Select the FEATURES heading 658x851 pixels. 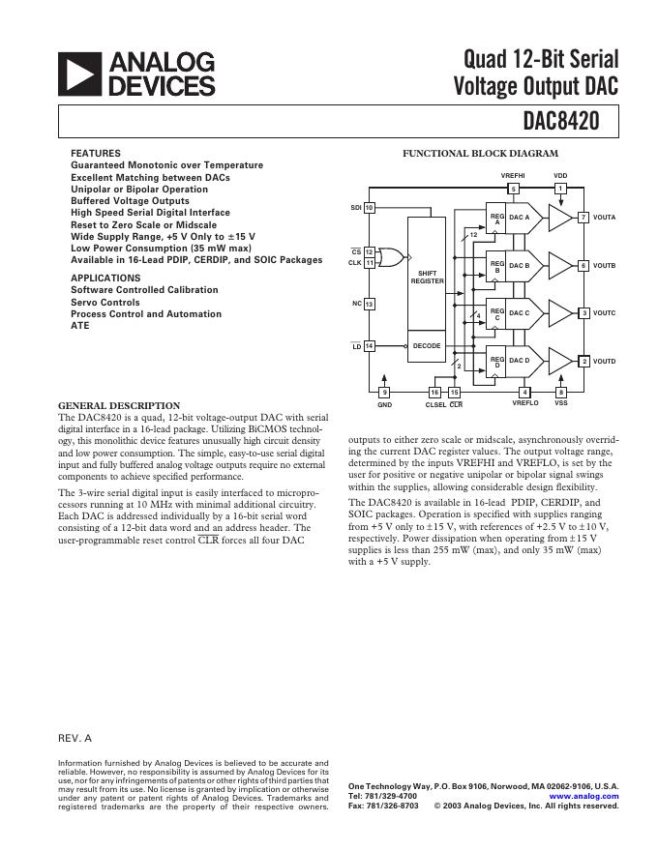[96, 154]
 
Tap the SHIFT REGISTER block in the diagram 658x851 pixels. [427, 277]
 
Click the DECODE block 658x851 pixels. [427, 345]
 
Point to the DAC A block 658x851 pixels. [520, 218]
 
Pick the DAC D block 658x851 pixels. [520, 361]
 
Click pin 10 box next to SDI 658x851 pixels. [370, 208]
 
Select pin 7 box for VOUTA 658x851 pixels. [583, 218]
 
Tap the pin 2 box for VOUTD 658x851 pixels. [583, 361]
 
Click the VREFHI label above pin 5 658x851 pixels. [513, 175]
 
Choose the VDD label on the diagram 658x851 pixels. [560, 175]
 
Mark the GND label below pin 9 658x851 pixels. [384, 404]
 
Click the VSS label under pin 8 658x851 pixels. [561, 403]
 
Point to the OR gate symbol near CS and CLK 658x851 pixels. [391, 256]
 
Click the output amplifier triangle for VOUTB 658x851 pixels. [560, 264]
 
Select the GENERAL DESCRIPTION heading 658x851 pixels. [119, 405]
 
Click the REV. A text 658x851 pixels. [75, 738]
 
